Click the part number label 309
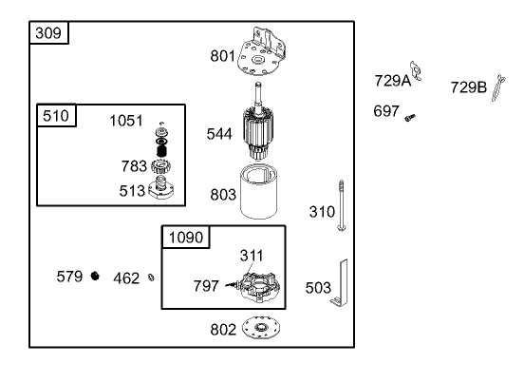pos(48,33)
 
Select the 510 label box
pos(56,116)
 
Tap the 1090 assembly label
pos(186,238)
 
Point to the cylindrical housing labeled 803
pos(258,192)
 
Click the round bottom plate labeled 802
pos(261,328)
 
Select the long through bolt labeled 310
pos(341,205)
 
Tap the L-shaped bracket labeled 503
pos(340,283)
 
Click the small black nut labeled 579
pos(95,276)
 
